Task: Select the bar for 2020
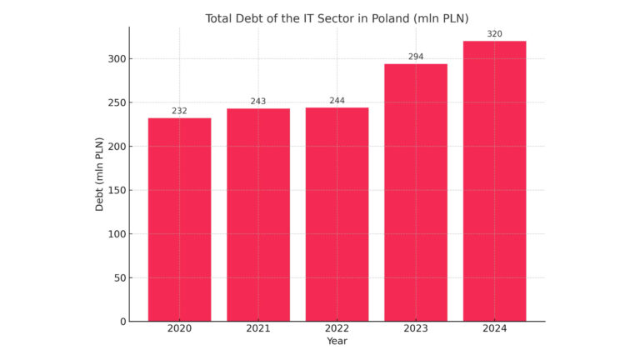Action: pos(179,219)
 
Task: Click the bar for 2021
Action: pos(258,215)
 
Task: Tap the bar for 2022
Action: pos(337,214)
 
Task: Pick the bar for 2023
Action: pos(416,192)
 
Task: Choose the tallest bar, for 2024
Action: pos(494,181)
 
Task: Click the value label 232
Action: pos(179,111)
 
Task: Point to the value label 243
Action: pos(258,102)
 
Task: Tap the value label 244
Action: pos(337,101)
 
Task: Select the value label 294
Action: pos(416,57)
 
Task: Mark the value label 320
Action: pos(494,34)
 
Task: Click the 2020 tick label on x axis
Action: pos(179,329)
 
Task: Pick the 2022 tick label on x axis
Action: pos(337,329)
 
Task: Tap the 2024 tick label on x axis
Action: pos(494,329)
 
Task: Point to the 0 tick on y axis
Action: pos(122,322)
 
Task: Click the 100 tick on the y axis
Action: pos(116,234)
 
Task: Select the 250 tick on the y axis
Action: pos(116,102)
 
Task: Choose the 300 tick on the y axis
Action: pos(116,59)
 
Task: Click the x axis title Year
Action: pos(337,342)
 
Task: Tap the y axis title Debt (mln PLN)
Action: pos(100,174)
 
